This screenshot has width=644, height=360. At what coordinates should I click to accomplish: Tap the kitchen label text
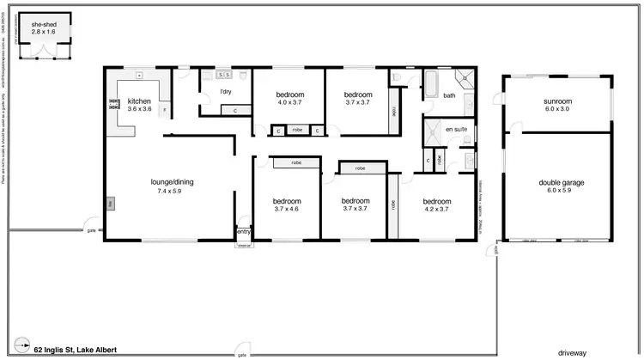[x=139, y=101]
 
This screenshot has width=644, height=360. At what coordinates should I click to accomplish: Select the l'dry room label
[x=226, y=91]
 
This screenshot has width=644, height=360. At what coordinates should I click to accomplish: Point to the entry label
[x=244, y=231]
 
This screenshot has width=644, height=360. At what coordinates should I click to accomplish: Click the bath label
[x=448, y=95]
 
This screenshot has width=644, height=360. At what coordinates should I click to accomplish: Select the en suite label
[x=454, y=129]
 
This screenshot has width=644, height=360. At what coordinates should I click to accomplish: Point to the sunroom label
[x=557, y=101]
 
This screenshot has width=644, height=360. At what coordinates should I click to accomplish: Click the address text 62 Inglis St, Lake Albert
[x=76, y=349]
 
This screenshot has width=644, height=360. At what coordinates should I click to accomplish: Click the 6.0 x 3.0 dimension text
[x=557, y=109]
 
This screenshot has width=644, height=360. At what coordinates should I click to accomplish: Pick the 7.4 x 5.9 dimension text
[x=169, y=191]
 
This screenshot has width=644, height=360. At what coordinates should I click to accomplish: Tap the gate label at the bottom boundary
[x=243, y=354]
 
